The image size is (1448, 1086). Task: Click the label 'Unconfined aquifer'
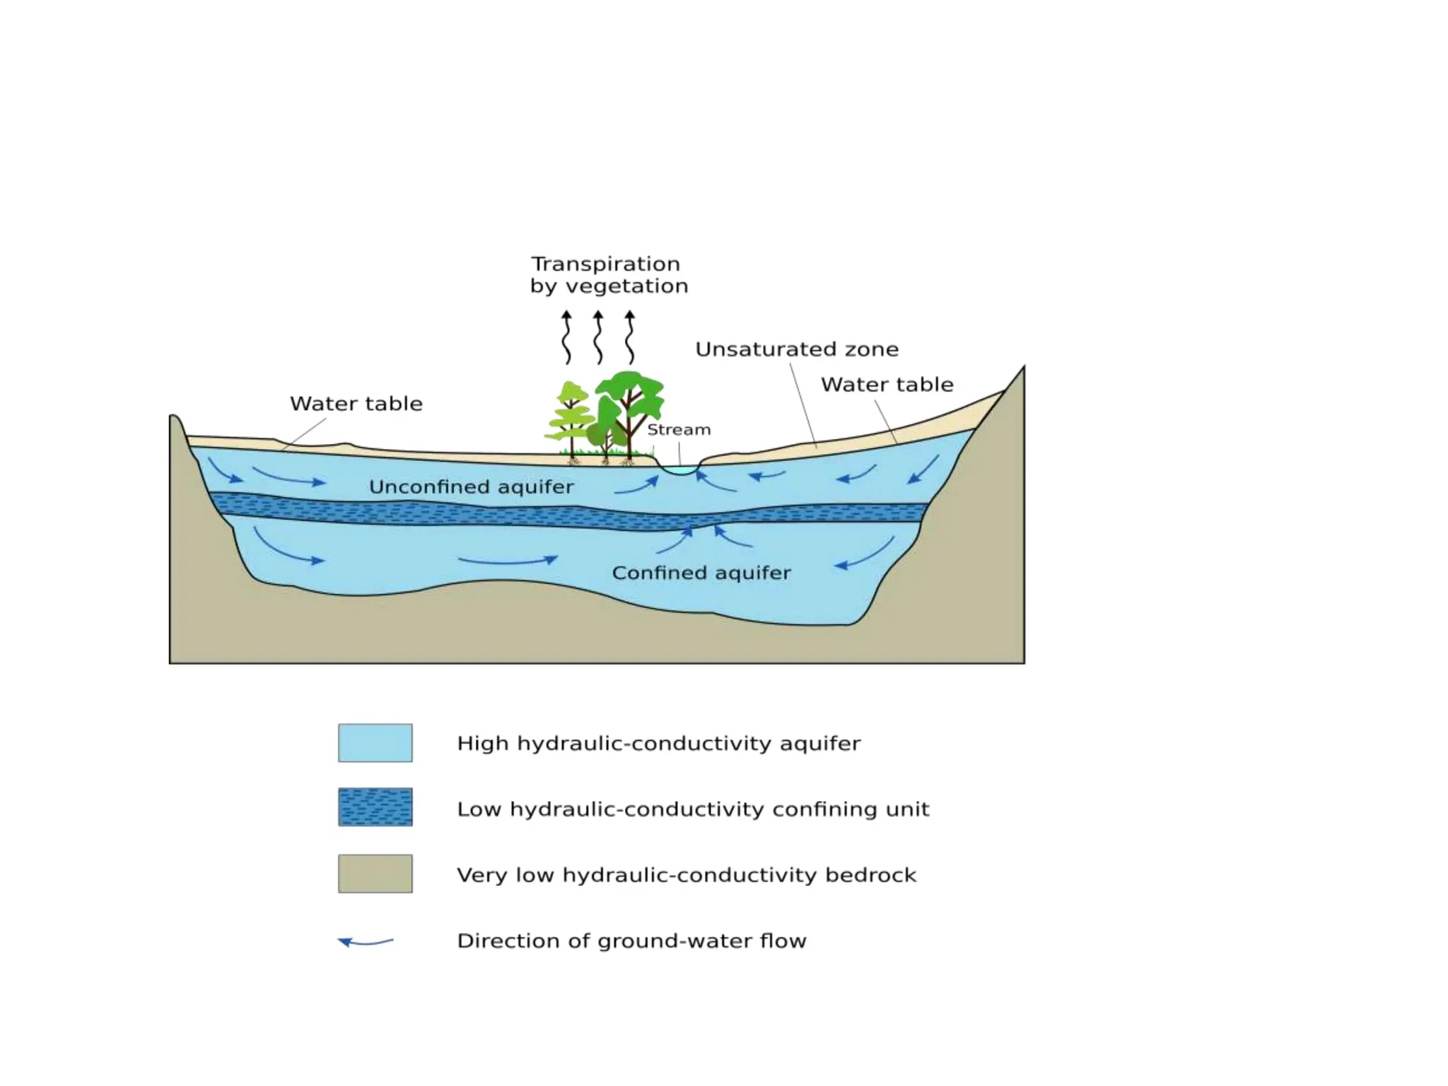pos(471,487)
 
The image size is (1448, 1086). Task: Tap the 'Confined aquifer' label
pos(701,573)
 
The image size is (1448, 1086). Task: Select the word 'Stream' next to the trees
pos(679,430)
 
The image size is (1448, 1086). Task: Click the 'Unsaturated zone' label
pos(797,349)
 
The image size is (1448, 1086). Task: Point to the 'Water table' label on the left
pos(356,404)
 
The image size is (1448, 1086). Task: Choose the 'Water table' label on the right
pos(887,385)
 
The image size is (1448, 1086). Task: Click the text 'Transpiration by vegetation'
pos(608,274)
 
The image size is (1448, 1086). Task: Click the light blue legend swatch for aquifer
pos(375,742)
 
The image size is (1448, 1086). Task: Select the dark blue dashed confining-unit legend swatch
pos(375,807)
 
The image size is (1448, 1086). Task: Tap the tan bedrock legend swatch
pos(375,873)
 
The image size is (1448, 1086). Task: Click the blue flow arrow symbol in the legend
pos(365,942)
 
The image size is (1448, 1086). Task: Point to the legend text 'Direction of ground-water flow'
pos(631,941)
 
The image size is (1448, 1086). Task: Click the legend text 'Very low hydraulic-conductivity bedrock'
pos(687,875)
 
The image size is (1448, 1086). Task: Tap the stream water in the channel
pos(679,470)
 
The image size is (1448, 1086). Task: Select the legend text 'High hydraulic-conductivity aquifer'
pos(658,744)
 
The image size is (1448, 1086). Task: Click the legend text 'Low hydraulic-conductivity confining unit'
pos(693,809)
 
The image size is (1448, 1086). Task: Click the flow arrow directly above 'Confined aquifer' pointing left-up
pos(733,537)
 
